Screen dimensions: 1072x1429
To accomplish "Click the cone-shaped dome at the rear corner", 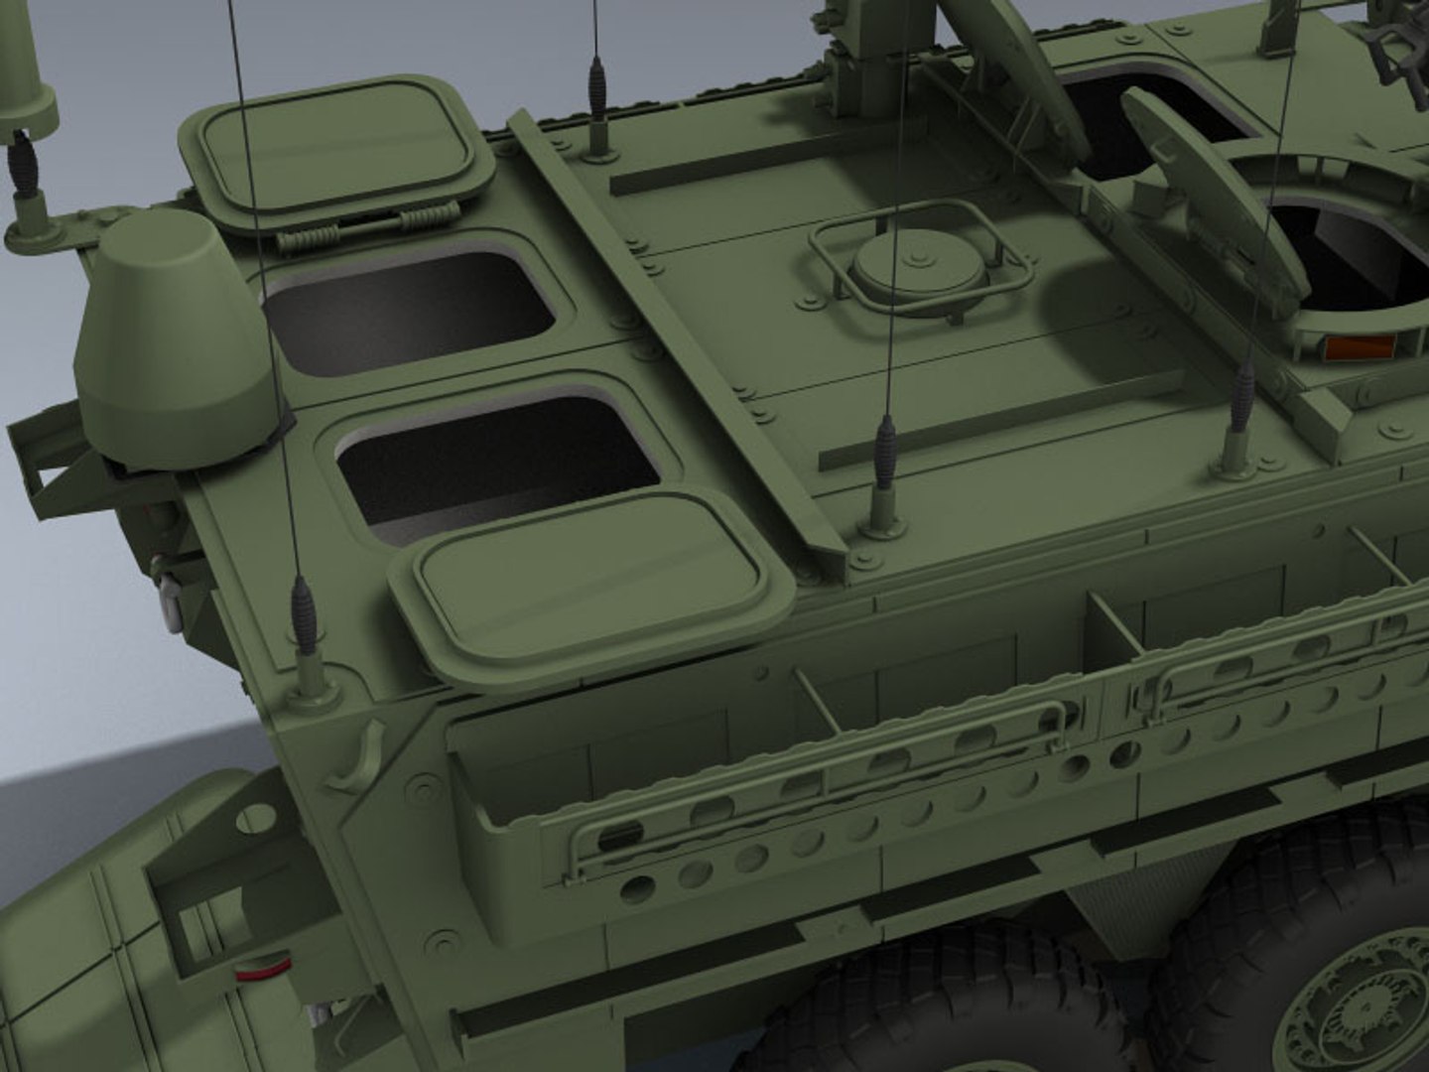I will [169, 337].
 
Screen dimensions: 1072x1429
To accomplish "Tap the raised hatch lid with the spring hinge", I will [337, 149].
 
